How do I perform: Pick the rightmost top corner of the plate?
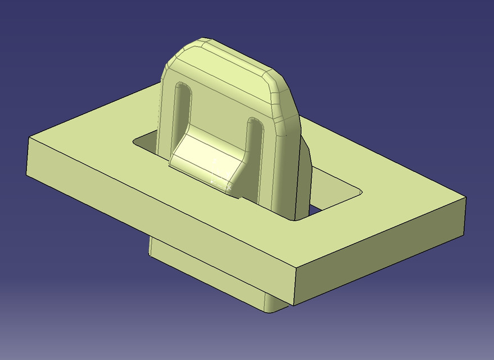pos(466,197)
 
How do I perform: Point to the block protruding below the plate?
pos(208,276)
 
